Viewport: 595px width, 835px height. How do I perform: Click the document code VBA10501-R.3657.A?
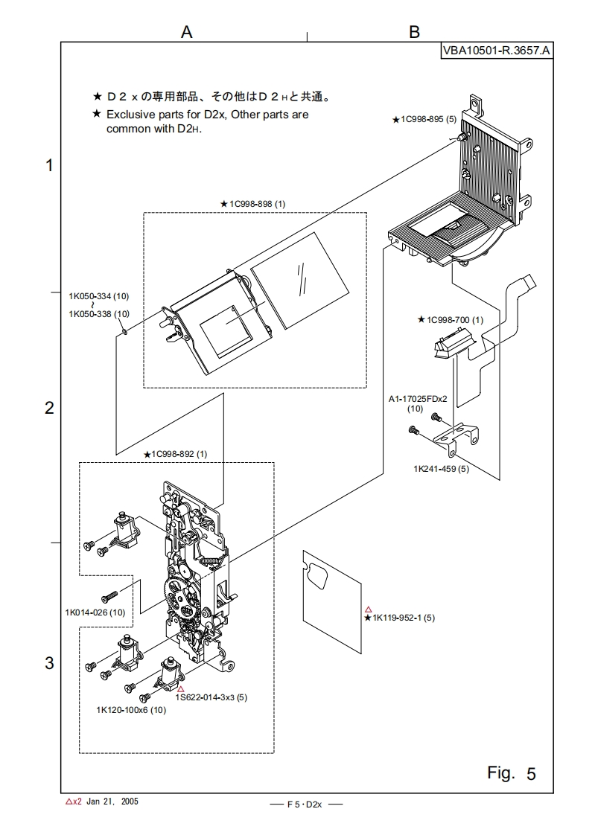(x=497, y=51)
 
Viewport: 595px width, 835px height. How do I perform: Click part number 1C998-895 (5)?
(x=428, y=119)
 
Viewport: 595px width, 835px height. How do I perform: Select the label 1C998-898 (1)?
(x=257, y=203)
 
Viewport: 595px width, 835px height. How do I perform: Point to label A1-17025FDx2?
(x=417, y=399)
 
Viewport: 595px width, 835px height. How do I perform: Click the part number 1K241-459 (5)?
(x=442, y=470)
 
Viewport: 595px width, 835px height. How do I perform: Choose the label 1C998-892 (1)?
(x=179, y=454)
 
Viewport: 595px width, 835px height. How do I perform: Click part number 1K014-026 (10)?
(x=95, y=612)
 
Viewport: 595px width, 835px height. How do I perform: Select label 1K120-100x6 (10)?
(x=131, y=710)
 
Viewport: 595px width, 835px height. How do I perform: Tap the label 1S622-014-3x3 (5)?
(x=211, y=697)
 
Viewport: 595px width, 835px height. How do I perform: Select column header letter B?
(x=414, y=31)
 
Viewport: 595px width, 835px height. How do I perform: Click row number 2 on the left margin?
(x=50, y=408)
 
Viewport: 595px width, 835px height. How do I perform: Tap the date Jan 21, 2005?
(x=112, y=802)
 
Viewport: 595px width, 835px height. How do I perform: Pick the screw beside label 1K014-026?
(x=110, y=596)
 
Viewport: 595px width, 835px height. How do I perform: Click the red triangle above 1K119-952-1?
(x=368, y=608)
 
